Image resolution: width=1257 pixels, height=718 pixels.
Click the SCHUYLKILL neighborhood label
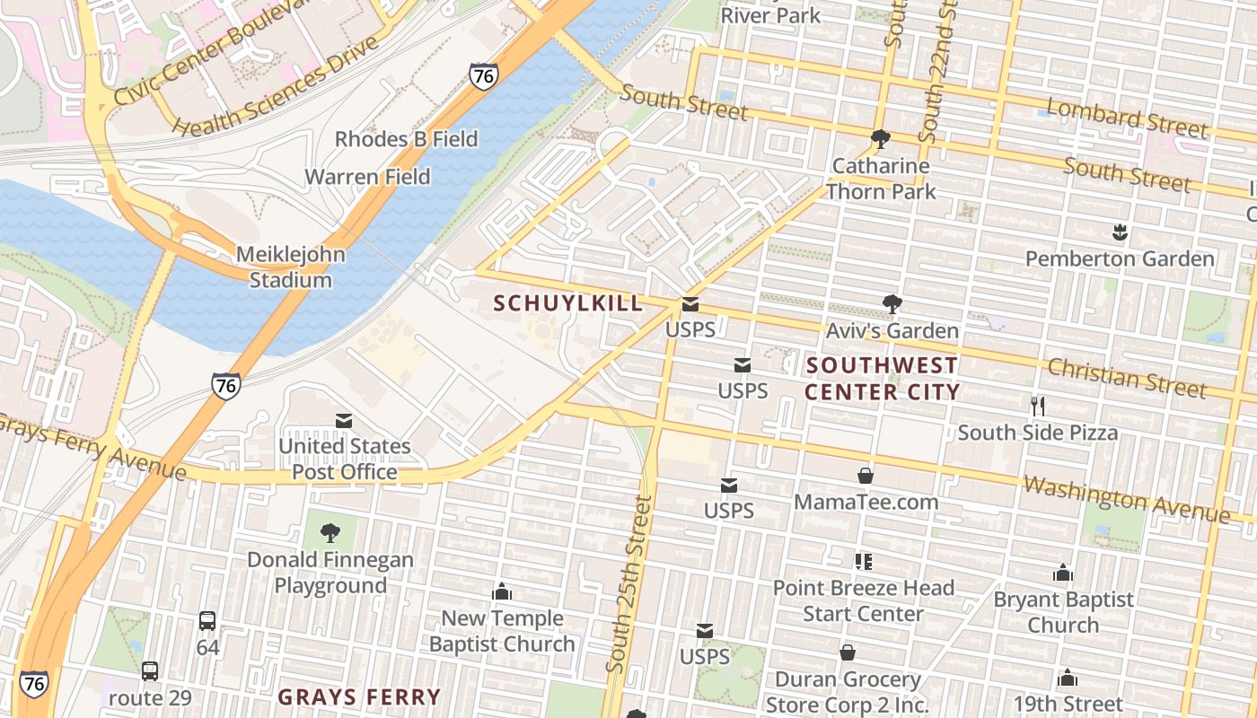point(568,303)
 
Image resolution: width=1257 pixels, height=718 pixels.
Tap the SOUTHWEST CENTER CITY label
point(882,379)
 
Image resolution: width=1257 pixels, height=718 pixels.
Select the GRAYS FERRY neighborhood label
point(359,696)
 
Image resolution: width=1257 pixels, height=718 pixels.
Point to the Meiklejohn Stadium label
point(290,267)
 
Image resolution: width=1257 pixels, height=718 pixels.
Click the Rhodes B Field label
point(406,139)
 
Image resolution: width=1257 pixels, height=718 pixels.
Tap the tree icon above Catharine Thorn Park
point(880,139)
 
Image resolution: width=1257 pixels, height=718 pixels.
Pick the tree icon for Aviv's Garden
point(892,304)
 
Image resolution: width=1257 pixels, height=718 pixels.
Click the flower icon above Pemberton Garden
point(1119,233)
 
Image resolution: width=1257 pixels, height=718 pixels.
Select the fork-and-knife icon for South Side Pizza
point(1038,406)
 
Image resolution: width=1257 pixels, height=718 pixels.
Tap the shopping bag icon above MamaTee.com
point(866,475)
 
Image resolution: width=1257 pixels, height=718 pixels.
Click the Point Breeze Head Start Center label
point(863,600)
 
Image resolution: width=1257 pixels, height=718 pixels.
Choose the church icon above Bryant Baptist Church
point(1063,573)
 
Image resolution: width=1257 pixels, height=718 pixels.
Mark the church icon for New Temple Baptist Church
point(502,591)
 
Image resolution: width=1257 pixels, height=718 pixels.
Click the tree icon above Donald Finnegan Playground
point(330,533)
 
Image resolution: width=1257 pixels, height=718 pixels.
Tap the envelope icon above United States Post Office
point(344,420)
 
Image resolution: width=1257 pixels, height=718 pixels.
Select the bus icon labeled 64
point(207,620)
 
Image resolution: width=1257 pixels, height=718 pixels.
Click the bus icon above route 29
point(150,670)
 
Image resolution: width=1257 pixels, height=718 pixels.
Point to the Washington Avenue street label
point(1126,500)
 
